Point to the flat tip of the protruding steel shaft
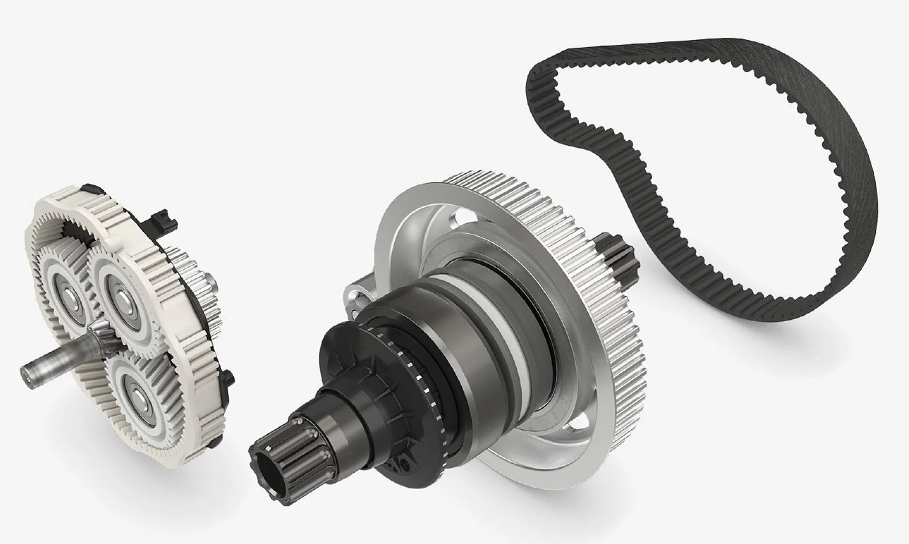[24, 373]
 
